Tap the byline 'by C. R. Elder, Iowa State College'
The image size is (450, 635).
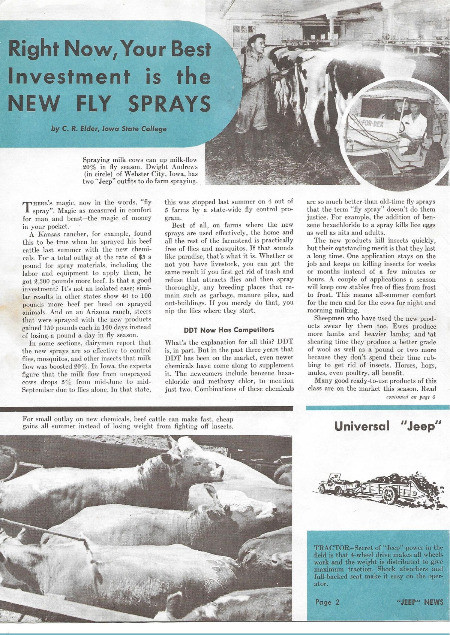click(109, 129)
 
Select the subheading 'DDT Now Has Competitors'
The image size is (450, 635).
click(229, 330)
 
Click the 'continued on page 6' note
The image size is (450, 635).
click(411, 397)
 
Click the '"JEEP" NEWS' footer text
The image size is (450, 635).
click(420, 602)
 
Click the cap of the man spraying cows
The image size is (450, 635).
click(258, 37)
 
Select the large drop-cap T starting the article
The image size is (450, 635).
click(26, 207)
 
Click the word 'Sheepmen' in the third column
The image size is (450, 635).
click(329, 318)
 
